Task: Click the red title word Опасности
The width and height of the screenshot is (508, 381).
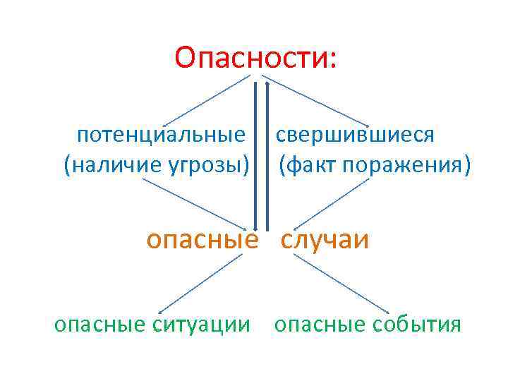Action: tap(256, 58)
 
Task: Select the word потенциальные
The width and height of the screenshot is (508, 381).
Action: tap(162, 134)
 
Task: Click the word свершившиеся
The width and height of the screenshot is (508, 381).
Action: tap(354, 134)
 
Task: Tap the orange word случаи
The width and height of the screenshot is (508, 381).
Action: tap(325, 240)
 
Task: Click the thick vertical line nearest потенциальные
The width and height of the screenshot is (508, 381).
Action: tap(255, 155)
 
